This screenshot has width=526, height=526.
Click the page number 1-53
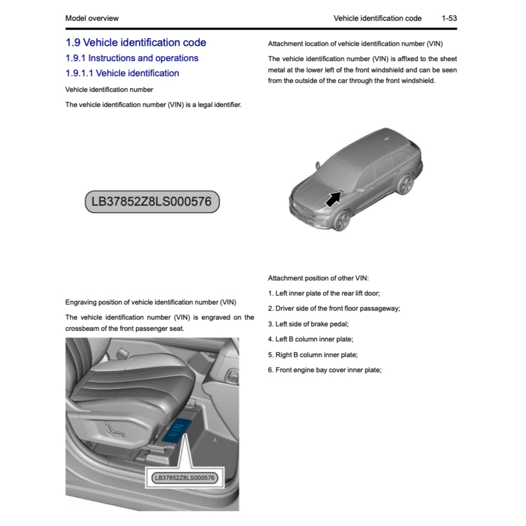449,18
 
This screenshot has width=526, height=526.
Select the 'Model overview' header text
92,18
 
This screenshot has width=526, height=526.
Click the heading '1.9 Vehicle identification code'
135,43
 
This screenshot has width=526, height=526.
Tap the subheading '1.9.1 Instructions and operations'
131,58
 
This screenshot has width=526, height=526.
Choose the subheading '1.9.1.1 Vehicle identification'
122,73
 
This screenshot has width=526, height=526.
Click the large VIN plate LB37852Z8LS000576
152,201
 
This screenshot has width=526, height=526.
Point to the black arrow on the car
333,198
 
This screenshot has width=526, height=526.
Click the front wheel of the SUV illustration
341,220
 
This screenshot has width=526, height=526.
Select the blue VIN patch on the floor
180,431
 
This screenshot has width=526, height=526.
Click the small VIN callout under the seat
184,477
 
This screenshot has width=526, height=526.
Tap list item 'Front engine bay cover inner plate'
325,370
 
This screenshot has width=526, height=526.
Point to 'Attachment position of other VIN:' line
318,278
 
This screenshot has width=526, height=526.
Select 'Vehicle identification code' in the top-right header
377,18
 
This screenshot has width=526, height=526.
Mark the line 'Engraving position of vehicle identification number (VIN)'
151,302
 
